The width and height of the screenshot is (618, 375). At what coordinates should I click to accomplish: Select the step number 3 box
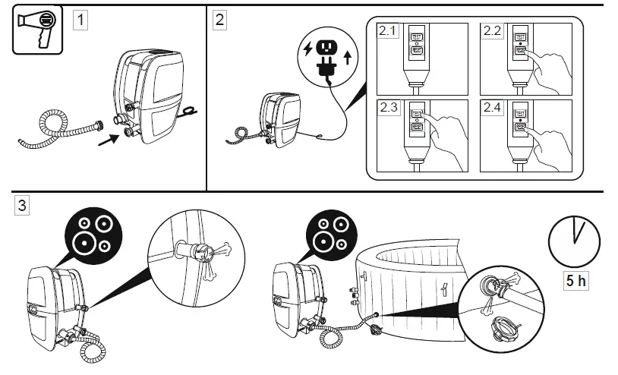[23, 205]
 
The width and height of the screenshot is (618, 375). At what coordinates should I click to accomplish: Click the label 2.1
[388, 31]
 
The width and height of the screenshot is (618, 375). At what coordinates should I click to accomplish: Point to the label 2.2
[493, 31]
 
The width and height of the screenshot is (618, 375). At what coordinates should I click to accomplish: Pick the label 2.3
[388, 107]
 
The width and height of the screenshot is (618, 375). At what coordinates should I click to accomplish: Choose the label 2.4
[493, 107]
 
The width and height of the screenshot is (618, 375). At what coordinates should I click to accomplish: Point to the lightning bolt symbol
[307, 49]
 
